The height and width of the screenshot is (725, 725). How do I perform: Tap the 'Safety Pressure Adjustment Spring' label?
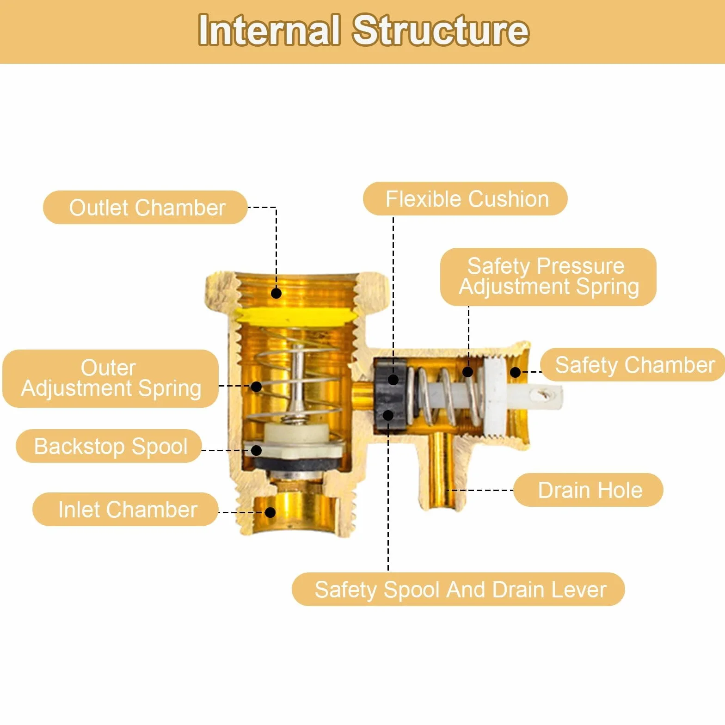548,276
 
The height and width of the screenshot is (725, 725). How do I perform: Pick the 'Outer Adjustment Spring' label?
111,378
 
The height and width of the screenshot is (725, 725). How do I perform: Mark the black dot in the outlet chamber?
276,293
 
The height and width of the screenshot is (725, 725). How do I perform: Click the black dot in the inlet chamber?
270,512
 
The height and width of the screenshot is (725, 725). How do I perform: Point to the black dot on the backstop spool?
256,450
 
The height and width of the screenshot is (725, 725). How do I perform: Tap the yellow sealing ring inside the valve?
296,316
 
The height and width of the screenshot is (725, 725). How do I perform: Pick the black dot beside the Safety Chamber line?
515,372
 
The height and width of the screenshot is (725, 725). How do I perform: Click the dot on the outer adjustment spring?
256,387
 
